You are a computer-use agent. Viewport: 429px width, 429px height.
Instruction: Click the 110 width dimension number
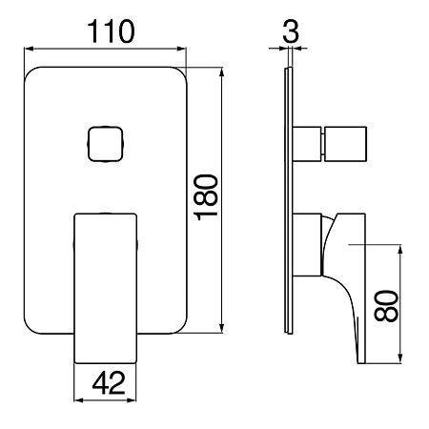tap(111, 31)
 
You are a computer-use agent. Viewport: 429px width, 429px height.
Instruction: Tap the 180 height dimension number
tap(206, 197)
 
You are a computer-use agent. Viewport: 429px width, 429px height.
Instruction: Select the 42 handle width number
tap(109, 383)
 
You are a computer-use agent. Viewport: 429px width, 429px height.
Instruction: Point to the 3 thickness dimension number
tap(291, 31)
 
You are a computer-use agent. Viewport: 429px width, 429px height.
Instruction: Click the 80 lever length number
tap(386, 306)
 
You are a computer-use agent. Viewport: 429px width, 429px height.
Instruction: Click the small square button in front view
tap(105, 144)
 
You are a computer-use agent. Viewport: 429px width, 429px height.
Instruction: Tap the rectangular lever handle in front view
tap(106, 288)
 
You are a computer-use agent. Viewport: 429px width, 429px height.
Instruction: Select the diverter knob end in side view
tap(345, 144)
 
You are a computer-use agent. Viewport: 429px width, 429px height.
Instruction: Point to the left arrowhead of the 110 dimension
tap(29, 49)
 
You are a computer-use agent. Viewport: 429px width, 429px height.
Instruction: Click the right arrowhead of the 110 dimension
tap(182, 49)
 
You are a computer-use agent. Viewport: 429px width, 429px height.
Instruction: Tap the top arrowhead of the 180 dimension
tap(222, 71)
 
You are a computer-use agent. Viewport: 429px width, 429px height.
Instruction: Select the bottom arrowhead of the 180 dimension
tap(222, 329)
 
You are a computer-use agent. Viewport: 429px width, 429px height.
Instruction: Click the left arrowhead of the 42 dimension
tap(78, 400)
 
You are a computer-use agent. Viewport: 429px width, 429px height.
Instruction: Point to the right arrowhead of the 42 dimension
tap(132, 400)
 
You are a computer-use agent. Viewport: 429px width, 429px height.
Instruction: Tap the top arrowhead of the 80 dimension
tap(400, 249)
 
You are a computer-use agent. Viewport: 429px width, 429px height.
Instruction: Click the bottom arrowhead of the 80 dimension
tap(400, 358)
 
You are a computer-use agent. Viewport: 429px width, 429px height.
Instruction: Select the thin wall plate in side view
tap(289, 200)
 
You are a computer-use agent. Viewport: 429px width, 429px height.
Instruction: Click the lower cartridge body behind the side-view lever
tap(307, 245)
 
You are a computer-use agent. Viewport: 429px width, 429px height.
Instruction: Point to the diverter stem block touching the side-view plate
tap(307, 144)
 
